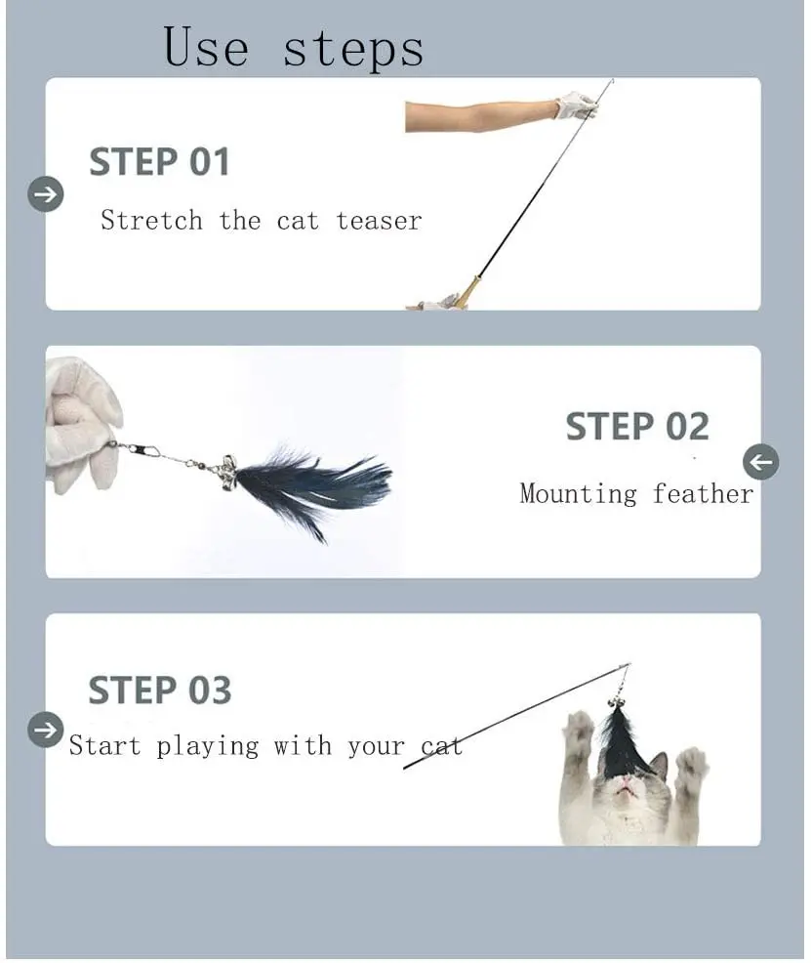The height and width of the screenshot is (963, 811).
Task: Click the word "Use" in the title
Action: (x=206, y=46)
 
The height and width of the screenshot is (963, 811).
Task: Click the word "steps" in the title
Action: (x=353, y=49)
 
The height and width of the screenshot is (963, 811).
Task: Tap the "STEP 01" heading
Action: (x=159, y=161)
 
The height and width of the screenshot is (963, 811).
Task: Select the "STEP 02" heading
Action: (x=636, y=426)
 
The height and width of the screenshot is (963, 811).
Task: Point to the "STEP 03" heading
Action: (x=160, y=690)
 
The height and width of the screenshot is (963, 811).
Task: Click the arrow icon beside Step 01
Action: (x=46, y=194)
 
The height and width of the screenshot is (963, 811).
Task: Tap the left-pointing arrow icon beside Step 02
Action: (x=760, y=462)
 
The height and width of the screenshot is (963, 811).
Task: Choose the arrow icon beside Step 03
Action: (x=46, y=730)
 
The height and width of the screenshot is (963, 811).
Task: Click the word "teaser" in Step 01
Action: (x=379, y=221)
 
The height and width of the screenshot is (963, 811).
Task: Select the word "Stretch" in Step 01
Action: (x=151, y=220)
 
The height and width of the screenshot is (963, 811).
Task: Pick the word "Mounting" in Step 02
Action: (x=579, y=494)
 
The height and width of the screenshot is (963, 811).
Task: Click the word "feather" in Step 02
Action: (x=703, y=493)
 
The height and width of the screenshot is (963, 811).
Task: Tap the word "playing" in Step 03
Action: (x=207, y=747)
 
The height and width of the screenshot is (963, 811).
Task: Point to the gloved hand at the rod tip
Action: (x=576, y=105)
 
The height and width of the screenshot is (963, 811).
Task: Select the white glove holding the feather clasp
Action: (x=82, y=424)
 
